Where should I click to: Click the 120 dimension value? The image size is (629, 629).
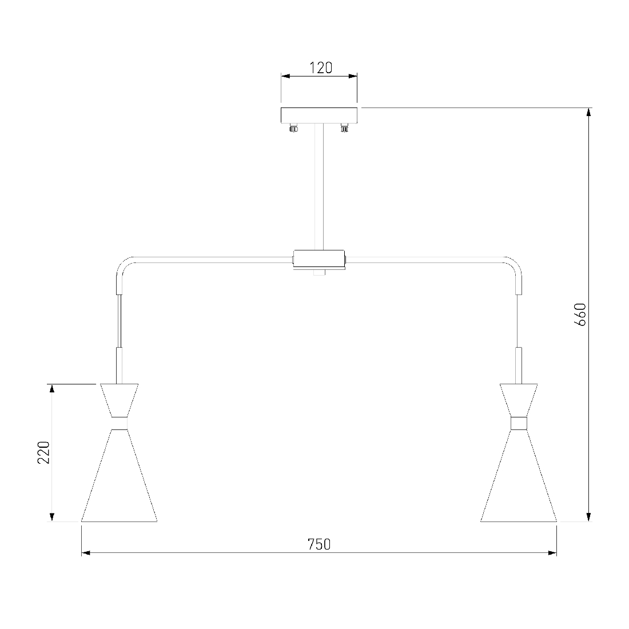tap(321, 68)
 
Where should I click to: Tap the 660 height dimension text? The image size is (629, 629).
tap(580, 314)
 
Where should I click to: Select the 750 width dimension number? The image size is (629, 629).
tap(319, 544)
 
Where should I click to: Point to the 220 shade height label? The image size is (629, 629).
tap(43, 452)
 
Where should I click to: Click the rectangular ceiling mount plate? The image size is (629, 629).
tap(319, 116)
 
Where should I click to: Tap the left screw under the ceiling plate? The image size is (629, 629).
tap(294, 128)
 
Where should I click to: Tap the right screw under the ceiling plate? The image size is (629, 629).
tap(344, 128)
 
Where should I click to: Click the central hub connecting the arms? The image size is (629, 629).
tap(319, 260)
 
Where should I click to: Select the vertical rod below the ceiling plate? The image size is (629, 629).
tap(319, 187)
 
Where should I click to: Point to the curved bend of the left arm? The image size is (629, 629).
tap(122, 264)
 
